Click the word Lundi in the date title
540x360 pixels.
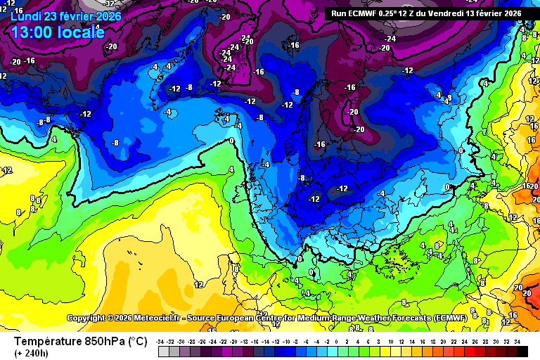pos(27,16)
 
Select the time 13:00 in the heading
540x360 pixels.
pos(35,32)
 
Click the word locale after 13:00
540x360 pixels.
pos(83,32)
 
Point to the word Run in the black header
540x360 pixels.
pos(338,13)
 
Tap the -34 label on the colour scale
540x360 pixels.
pos(162,341)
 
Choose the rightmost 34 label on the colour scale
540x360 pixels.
pos(517,341)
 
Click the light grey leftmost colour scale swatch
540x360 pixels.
pos(162,351)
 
